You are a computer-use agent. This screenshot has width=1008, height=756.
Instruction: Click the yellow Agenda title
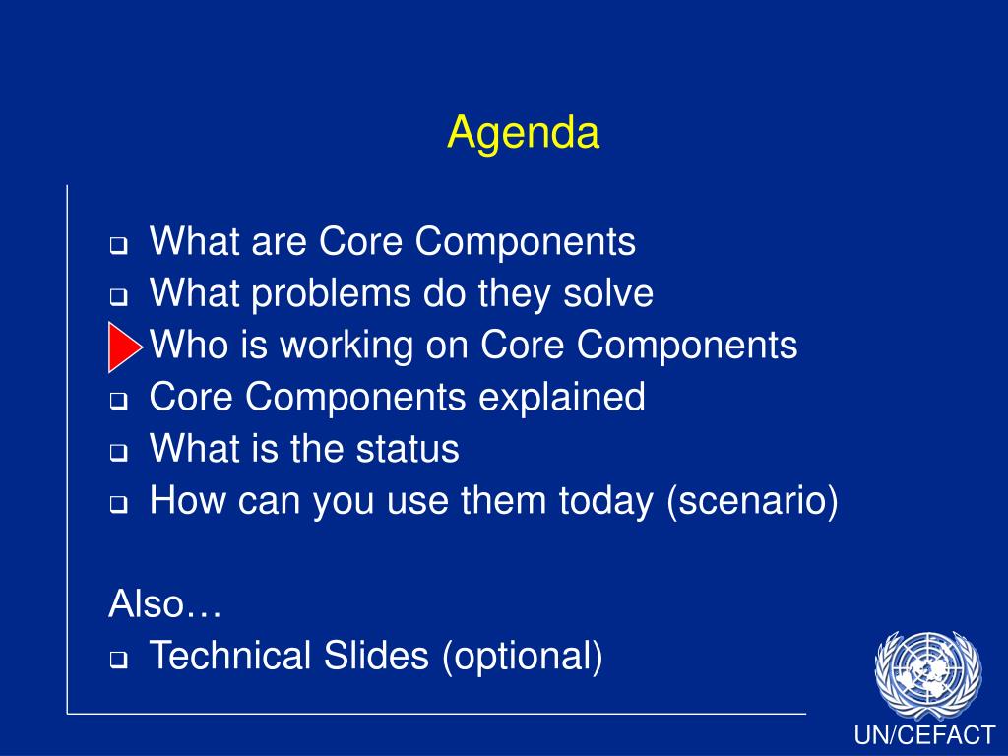click(x=524, y=134)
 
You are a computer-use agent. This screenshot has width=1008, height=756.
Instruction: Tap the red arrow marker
click(x=125, y=347)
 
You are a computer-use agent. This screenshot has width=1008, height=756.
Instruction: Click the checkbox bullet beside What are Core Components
click(x=118, y=245)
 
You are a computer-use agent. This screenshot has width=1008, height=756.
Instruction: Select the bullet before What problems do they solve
click(x=118, y=297)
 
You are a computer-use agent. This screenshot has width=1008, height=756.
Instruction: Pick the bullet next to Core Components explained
click(x=118, y=402)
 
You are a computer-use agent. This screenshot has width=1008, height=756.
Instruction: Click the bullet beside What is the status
click(x=118, y=453)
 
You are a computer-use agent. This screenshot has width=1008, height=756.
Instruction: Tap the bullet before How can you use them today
click(x=118, y=505)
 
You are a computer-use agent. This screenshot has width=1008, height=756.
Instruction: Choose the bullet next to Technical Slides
click(x=118, y=660)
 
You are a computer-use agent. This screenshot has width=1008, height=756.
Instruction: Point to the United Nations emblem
click(x=927, y=673)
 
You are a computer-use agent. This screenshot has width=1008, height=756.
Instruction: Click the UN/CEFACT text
click(x=924, y=734)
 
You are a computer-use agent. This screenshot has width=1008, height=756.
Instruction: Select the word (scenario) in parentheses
click(x=753, y=501)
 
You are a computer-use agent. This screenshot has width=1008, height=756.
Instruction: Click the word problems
click(x=331, y=294)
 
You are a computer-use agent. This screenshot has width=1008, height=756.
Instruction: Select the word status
click(x=408, y=449)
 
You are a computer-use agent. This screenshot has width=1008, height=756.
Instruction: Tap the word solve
click(x=607, y=293)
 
